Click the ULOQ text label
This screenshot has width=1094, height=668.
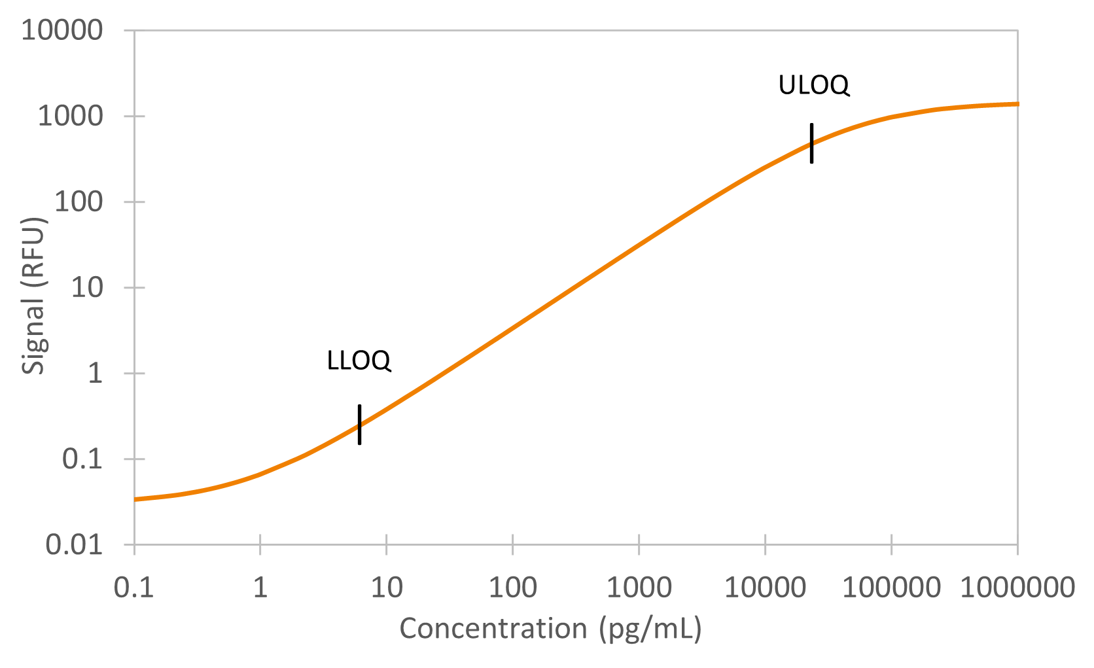pyautogui.click(x=813, y=85)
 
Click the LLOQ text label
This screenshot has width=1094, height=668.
pyautogui.click(x=359, y=360)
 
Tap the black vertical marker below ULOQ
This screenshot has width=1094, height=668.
pyautogui.click(x=811, y=143)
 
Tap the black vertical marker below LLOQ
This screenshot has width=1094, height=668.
pyautogui.click(x=359, y=425)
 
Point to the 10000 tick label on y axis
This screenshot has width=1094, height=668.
pyautogui.click(x=62, y=30)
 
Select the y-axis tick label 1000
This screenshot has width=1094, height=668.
pyautogui.click(x=70, y=116)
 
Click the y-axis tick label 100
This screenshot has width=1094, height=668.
pyautogui.click(x=79, y=202)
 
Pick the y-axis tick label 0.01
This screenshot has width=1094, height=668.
pyautogui.click(x=74, y=544)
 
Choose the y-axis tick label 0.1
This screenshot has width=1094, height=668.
pyautogui.click(x=82, y=459)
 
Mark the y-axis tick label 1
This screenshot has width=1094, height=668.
pyautogui.click(x=96, y=373)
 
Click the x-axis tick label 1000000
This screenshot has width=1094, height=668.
pyautogui.click(x=1017, y=588)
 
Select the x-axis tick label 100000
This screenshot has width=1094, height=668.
pyautogui.click(x=891, y=588)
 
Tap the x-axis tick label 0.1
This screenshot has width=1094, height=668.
pyautogui.click(x=133, y=588)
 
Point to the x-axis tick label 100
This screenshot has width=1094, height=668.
pyautogui.click(x=512, y=588)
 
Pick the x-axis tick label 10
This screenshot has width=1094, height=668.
pyautogui.click(x=386, y=588)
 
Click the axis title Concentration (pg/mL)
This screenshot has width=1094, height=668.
pyautogui.click(x=550, y=629)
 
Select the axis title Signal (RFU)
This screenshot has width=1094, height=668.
pyautogui.click(x=33, y=295)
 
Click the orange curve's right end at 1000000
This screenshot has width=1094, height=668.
pyautogui.click(x=1016, y=104)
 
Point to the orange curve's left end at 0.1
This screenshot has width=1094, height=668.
pyautogui.click(x=136, y=499)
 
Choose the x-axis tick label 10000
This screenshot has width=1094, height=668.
pyautogui.click(x=764, y=588)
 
